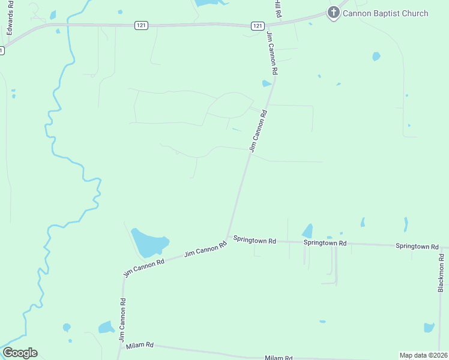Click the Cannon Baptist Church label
(385, 13)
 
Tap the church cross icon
(333, 13)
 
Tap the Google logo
(20, 353)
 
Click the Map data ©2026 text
(423, 355)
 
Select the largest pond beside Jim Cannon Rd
(149, 242)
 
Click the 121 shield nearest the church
(258, 25)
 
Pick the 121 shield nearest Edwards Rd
(140, 25)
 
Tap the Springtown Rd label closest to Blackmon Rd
(417, 246)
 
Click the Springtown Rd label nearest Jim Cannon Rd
(255, 241)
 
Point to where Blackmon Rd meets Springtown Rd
(441, 247)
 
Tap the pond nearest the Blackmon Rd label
(429, 328)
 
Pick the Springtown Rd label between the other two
(325, 243)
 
